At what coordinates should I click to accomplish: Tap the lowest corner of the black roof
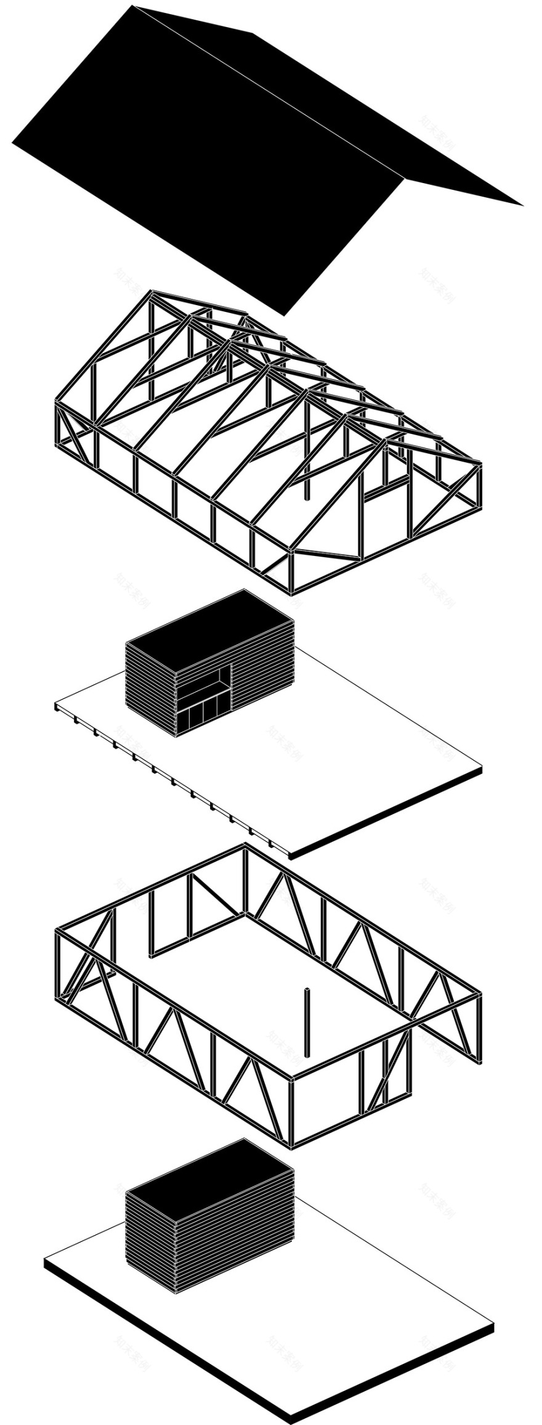click(283, 315)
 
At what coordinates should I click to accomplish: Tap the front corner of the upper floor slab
click(289, 857)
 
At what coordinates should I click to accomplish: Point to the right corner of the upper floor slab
click(482, 769)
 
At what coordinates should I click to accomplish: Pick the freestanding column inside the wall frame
click(306, 1023)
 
